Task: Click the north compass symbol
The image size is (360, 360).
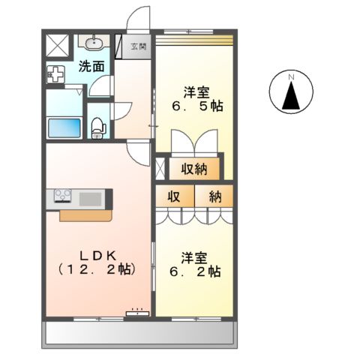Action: pyautogui.click(x=291, y=93)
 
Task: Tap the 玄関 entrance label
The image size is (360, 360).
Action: pyautogui.click(x=139, y=46)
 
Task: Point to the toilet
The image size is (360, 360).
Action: pyautogui.click(x=96, y=127)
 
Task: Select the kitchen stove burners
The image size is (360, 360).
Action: pyautogui.click(x=62, y=197)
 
